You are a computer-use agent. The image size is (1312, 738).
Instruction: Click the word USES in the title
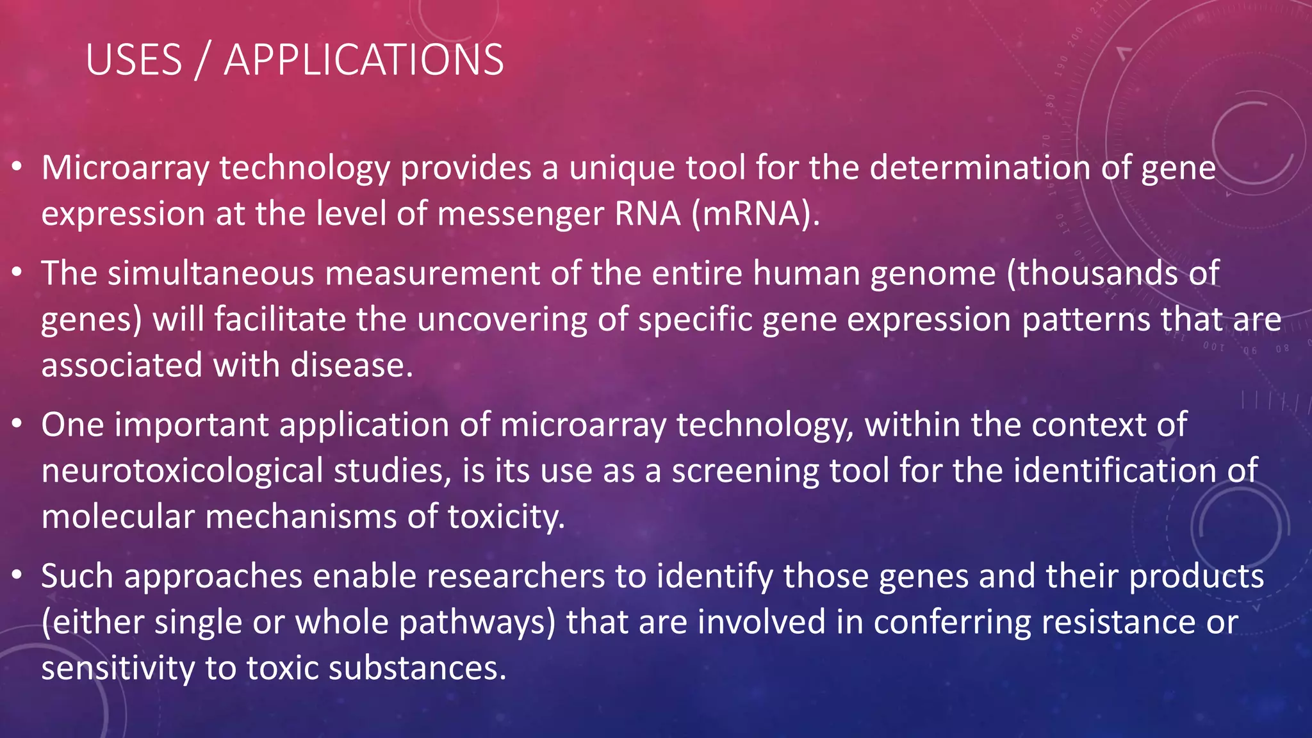(x=134, y=60)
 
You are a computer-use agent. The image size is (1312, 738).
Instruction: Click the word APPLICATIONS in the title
(x=363, y=60)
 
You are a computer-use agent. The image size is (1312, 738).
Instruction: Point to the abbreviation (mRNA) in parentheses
(x=755, y=214)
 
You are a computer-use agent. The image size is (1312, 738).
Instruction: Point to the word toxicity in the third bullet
(x=505, y=517)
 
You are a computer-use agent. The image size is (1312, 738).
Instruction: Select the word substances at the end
(x=417, y=668)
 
